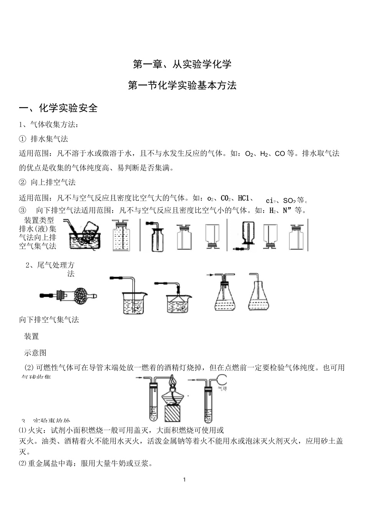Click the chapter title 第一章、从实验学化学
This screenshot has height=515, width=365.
pyautogui.click(x=182, y=64)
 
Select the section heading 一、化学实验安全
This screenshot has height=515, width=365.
pyautogui.click(x=58, y=108)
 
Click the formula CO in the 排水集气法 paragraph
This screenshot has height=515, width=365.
pyautogui.click(x=280, y=154)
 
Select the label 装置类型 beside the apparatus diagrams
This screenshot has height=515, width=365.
pyautogui.click(x=39, y=220)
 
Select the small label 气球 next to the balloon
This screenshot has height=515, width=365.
pyautogui.click(x=222, y=388)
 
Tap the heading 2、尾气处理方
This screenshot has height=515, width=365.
pyautogui.click(x=50, y=265)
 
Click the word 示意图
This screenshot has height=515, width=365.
pyautogui.click(x=35, y=352)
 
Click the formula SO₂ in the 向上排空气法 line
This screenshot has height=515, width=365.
pyautogui.click(x=289, y=200)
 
